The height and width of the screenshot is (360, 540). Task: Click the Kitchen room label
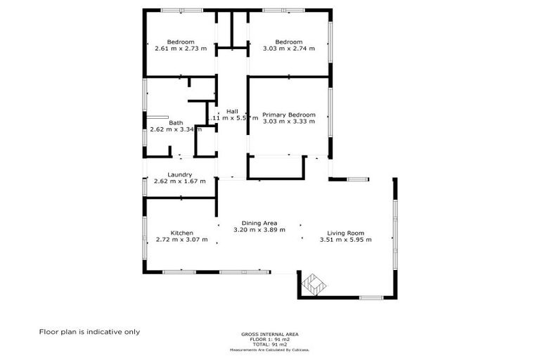(181, 233)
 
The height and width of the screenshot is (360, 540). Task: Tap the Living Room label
(345, 233)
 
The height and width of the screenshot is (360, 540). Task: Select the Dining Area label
(259, 223)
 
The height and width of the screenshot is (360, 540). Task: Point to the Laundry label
(180, 174)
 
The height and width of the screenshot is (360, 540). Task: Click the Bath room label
(176, 122)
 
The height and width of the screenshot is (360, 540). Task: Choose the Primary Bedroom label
(288, 115)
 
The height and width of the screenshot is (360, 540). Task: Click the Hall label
(232, 111)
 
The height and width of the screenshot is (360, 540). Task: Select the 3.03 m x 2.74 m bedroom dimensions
(289, 49)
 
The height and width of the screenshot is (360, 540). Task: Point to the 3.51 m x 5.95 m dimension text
(345, 240)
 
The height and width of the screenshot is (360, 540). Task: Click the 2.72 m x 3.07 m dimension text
(181, 240)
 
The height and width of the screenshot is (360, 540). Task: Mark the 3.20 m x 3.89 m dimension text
(259, 230)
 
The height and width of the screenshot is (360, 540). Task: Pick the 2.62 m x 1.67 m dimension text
(180, 181)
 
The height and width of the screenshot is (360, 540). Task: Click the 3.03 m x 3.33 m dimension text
(288, 122)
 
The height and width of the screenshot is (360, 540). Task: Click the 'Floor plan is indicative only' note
(89, 332)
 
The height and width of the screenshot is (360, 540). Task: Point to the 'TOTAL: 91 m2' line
(269, 345)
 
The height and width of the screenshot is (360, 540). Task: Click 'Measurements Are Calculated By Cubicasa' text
(269, 349)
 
